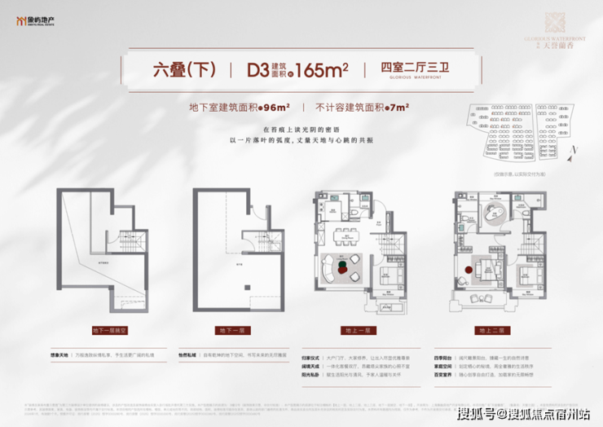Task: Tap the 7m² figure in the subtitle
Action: (398, 106)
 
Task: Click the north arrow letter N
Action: (574, 151)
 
